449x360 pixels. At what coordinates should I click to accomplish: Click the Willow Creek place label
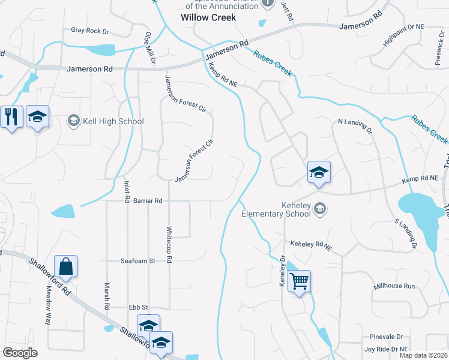tap(208, 17)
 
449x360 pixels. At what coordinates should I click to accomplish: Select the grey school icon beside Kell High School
tap(74, 121)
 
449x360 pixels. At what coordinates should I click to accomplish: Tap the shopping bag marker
tap(65, 266)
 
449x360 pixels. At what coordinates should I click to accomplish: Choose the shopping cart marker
tap(299, 281)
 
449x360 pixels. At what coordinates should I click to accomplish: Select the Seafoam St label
tap(137, 261)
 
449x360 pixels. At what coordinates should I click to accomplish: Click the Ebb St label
tap(138, 307)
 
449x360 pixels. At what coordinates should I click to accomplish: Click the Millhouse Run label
tap(394, 286)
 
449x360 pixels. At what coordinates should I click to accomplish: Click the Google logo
tap(20, 353)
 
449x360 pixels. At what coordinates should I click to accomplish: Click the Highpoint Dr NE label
tap(403, 35)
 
